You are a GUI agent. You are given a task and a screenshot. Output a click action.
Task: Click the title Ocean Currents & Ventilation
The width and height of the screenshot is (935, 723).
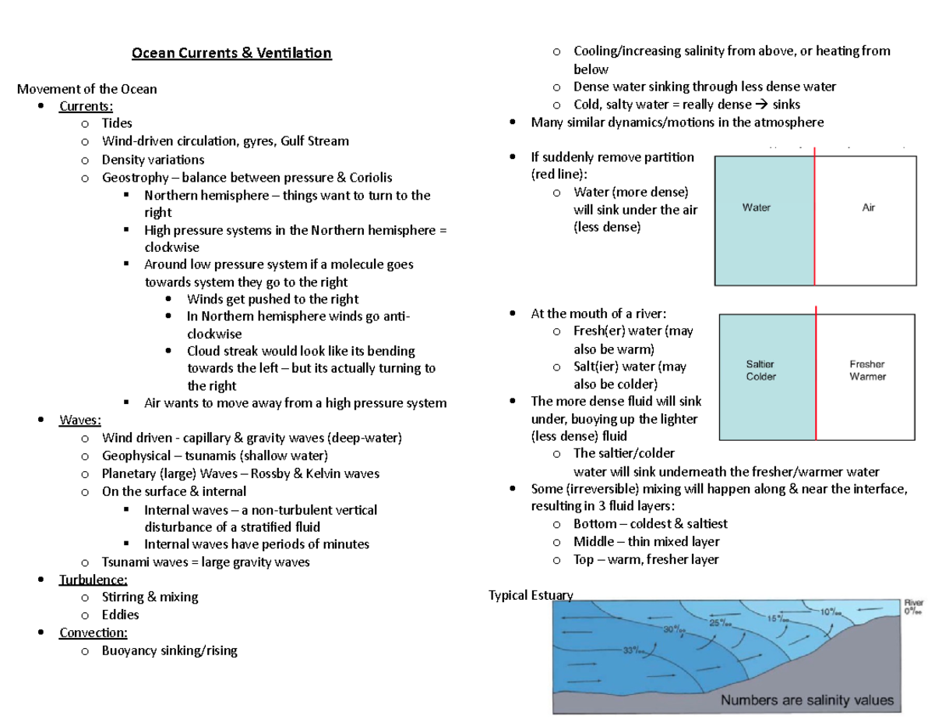click(x=231, y=53)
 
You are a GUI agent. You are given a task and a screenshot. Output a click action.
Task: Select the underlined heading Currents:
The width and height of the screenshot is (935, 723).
click(x=86, y=106)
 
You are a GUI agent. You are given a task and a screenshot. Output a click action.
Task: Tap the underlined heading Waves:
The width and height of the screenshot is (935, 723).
click(x=80, y=420)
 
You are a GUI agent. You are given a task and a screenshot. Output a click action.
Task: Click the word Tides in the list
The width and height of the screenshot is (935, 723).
click(x=117, y=123)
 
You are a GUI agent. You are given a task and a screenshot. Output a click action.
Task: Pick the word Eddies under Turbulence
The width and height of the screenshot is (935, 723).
click(x=120, y=615)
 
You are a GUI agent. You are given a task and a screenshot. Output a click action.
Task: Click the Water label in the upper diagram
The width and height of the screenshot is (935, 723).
click(x=756, y=208)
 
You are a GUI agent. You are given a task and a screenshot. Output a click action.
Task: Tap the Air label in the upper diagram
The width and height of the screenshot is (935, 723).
click(x=869, y=208)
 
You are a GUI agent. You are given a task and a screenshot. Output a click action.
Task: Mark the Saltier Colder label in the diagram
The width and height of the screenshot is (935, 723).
click(x=760, y=370)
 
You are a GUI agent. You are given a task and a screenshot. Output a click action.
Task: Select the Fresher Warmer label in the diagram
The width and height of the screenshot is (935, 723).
click(x=867, y=370)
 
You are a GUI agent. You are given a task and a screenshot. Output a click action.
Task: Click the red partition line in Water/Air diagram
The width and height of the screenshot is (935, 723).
click(x=814, y=218)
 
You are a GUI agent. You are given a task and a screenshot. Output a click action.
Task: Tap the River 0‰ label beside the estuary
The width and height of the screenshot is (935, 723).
click(x=913, y=607)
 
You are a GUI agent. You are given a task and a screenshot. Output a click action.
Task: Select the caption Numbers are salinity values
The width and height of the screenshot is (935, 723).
click(x=806, y=700)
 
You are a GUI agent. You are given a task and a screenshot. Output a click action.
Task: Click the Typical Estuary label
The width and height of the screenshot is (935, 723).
click(x=531, y=596)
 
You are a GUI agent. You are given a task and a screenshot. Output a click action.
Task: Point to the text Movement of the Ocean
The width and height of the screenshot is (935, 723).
click(x=86, y=89)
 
